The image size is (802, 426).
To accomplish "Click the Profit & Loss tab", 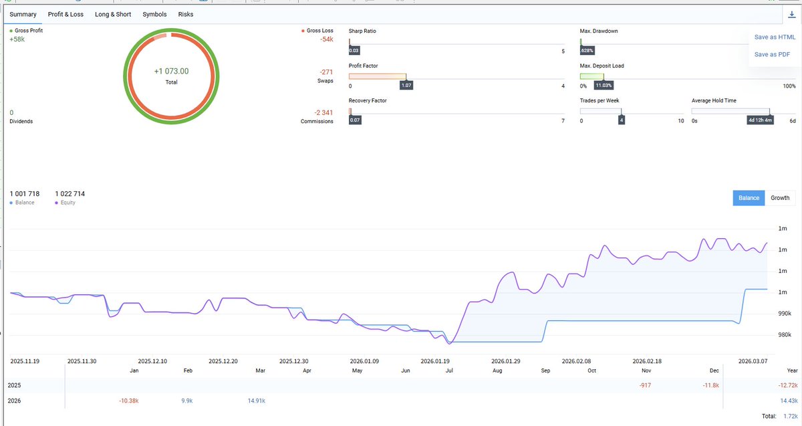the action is (65, 14).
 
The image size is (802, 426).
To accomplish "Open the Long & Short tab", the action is (113, 14).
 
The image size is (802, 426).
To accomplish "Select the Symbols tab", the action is (154, 14).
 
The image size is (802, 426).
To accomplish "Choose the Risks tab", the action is (186, 14).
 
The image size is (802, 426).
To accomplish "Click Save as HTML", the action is (775, 37).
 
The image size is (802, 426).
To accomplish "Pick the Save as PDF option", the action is (772, 54).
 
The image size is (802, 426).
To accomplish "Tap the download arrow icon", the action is (791, 14).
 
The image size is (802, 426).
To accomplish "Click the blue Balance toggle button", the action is (749, 198).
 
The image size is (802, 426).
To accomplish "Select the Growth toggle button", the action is (780, 198).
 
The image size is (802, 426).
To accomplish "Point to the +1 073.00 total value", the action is (171, 72).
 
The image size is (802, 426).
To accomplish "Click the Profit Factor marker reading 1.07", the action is (406, 86).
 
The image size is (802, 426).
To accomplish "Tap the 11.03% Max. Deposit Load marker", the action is (604, 86).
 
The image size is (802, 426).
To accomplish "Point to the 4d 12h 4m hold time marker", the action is (760, 120).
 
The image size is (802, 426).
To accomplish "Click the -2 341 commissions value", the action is (323, 112).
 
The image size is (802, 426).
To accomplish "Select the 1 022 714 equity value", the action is (70, 194).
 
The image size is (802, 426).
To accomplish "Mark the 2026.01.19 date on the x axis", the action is (435, 361).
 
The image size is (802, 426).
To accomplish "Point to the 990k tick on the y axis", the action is (785, 314).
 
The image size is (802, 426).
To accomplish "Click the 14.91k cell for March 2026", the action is (257, 401).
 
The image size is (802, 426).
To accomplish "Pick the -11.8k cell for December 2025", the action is (710, 385).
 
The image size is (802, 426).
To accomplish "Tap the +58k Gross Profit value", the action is (17, 39).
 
